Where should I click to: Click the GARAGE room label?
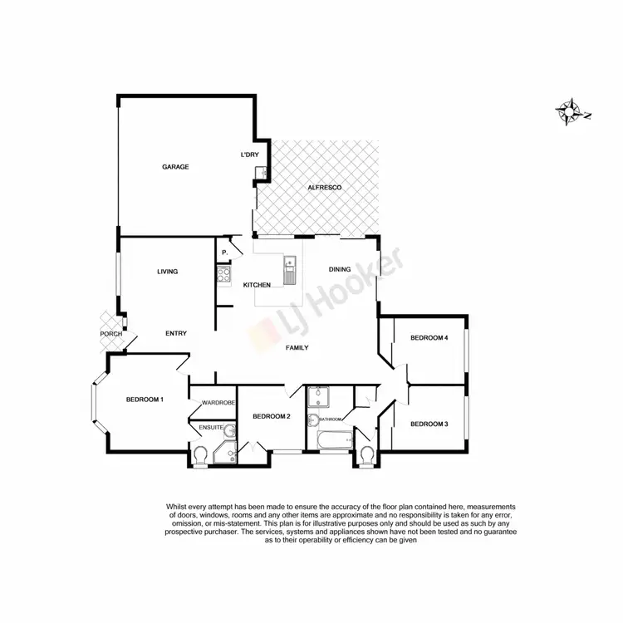pyautogui.click(x=175, y=167)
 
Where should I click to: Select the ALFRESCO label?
pyautogui.click(x=325, y=189)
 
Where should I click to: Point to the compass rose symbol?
pyautogui.click(x=571, y=111)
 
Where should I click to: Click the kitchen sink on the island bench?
pyautogui.click(x=290, y=271)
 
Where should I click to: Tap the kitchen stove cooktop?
pyautogui.click(x=223, y=277)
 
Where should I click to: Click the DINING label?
pyautogui.click(x=340, y=269)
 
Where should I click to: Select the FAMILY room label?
pyautogui.click(x=297, y=347)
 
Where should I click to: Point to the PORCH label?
pyautogui.click(x=110, y=334)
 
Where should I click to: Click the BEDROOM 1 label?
pyautogui.click(x=145, y=400)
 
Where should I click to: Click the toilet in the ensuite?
pyautogui.click(x=200, y=455)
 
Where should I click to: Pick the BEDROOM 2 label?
pyautogui.click(x=271, y=416)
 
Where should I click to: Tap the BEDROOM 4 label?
pyautogui.click(x=429, y=337)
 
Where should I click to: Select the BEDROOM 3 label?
pyautogui.click(x=429, y=424)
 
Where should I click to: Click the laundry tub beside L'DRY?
pyautogui.click(x=259, y=173)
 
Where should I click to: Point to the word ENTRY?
pyautogui.click(x=175, y=333)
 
